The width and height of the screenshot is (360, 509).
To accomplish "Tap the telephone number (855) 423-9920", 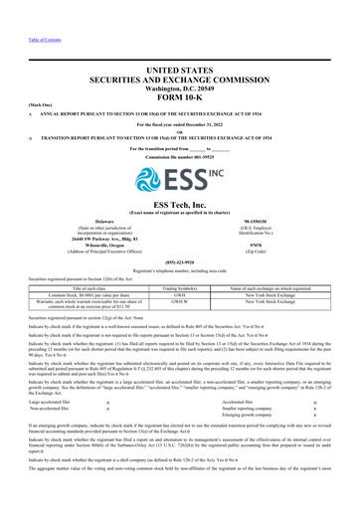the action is (x=180, y=263).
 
